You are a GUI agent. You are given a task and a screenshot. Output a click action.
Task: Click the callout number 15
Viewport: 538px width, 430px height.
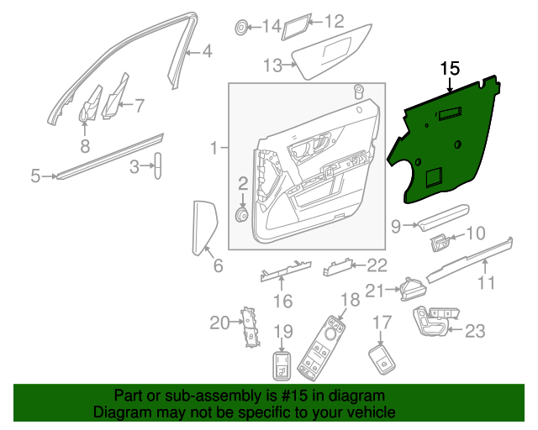click(451, 68)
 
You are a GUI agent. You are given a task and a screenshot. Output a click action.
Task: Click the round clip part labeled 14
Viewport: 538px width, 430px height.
click(242, 28)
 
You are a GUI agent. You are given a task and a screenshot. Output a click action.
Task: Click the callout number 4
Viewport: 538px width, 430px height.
click(207, 53)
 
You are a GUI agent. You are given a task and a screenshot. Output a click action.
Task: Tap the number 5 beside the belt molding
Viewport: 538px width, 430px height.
click(35, 176)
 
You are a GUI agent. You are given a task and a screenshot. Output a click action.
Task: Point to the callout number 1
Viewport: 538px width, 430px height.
click(214, 149)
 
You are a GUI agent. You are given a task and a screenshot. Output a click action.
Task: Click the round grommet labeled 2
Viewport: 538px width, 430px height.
click(242, 216)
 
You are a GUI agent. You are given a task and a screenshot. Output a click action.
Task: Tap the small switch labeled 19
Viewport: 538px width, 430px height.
click(282, 366)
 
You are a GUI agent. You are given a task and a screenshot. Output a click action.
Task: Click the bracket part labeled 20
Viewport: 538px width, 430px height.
click(250, 326)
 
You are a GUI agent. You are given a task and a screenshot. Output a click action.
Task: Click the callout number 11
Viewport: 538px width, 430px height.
click(486, 283)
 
